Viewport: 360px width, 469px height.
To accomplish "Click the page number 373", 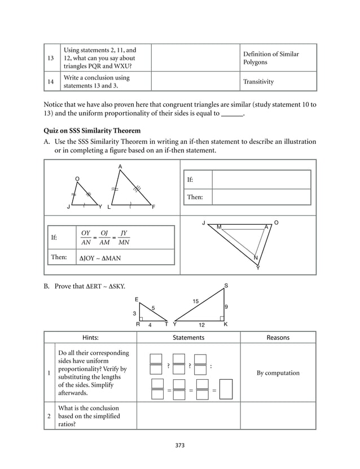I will pos(180,445).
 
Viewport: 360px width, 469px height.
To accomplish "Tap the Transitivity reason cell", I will pos(258,82).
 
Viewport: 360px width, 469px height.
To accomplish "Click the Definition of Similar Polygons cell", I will pos(271,58).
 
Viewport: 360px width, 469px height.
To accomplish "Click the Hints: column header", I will pos(90,337).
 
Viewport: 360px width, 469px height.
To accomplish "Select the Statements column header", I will pos(188,337).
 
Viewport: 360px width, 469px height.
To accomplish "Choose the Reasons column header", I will pos(278,337).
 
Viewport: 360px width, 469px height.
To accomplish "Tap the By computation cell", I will pos(278,372).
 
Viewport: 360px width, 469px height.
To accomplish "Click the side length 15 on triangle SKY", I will pos(195,302).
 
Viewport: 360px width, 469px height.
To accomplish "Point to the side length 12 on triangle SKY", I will pos(201,326).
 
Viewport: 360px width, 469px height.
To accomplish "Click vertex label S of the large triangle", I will pos(226,287).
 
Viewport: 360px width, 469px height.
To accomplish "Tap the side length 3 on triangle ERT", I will pos(134,313).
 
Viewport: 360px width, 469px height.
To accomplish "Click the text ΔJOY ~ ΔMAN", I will pos(100,258).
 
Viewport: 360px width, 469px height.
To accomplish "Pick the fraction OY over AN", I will pos(86,238).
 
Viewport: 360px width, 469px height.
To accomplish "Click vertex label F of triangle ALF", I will pos(153,208).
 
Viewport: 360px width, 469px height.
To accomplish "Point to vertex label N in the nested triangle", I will pos(255,258).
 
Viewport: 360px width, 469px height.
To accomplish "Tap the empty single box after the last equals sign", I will pos(226,389).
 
